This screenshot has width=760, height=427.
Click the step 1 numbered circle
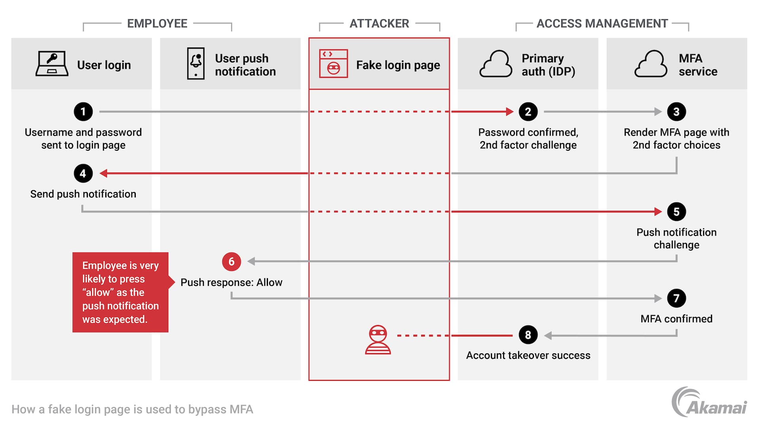click(83, 112)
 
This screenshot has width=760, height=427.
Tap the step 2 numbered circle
click(528, 112)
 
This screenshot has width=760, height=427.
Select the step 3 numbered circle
click(676, 112)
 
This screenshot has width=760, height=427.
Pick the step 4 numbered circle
click(83, 173)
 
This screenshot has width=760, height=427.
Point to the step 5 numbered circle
click(676, 212)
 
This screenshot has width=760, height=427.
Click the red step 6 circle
click(232, 262)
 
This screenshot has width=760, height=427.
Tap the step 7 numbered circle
click(676, 299)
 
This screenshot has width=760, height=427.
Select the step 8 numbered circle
click(528, 335)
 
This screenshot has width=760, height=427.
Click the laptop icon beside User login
click(52, 64)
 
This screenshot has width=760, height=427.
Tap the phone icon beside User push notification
click(196, 64)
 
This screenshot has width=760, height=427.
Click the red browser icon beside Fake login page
click(333, 64)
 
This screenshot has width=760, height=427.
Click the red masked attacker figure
click(378, 340)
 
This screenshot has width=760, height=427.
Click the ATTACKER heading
click(379, 24)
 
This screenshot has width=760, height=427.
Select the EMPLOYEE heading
click(157, 24)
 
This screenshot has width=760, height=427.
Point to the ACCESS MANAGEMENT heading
click(602, 24)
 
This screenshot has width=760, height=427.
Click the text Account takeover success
click(528, 355)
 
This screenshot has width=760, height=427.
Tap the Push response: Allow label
click(232, 282)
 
